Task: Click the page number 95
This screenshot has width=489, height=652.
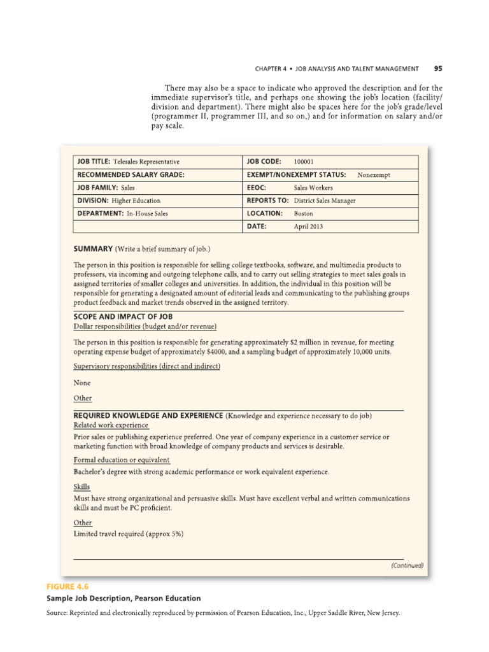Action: pos(438,68)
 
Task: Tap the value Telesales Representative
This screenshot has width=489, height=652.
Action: pos(146,162)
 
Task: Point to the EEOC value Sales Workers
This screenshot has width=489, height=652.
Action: pos(313,188)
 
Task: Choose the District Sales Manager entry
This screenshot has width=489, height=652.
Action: pos(325,201)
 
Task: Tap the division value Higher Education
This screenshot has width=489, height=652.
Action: pos(136,201)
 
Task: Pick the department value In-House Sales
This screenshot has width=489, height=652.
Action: pos(147,213)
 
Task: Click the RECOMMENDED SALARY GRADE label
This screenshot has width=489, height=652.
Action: pos(131,175)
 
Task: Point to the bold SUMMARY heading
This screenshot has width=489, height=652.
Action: pos(93,248)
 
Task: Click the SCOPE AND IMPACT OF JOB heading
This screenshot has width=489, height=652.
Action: pos(124,316)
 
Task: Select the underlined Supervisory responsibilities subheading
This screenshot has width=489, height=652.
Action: pos(147,366)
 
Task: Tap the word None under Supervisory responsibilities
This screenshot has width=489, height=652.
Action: pos(82,383)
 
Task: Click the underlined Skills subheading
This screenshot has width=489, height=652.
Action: pos(82,486)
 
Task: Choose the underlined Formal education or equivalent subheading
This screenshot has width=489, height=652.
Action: pos(122,459)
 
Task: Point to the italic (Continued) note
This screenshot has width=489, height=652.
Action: pos(407,565)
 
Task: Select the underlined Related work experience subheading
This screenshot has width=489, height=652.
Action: pos(111,425)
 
